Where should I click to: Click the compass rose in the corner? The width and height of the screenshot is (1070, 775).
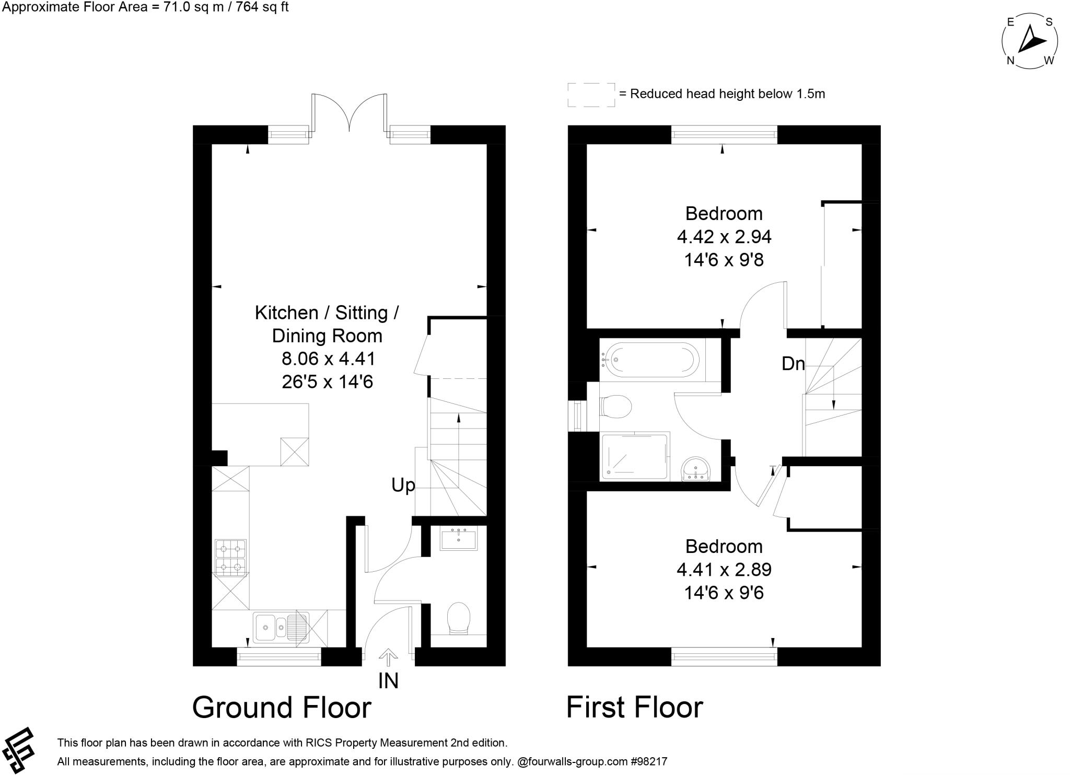(1030, 41)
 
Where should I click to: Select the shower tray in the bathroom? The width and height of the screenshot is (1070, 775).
(635, 456)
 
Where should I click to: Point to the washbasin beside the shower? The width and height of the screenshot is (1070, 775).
(695, 468)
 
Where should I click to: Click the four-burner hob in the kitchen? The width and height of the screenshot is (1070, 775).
(230, 557)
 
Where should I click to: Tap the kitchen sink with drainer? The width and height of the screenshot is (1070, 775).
(281, 627)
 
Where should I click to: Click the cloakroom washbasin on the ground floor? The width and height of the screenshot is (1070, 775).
(458, 539)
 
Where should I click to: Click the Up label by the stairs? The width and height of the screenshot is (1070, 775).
(403, 485)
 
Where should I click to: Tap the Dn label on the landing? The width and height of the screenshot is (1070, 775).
(793, 364)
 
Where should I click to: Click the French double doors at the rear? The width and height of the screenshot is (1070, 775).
(349, 112)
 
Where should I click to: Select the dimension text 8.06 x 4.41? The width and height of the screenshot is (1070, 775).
(328, 359)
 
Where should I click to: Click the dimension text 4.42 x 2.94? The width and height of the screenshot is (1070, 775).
(724, 237)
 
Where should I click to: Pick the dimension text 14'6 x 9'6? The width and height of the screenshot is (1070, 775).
(724, 593)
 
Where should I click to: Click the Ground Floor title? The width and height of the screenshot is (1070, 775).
(282, 708)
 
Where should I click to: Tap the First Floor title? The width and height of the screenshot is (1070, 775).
(635, 708)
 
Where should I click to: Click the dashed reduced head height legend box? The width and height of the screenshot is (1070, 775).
(591, 95)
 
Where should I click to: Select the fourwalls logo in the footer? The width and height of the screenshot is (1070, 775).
(19, 750)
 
